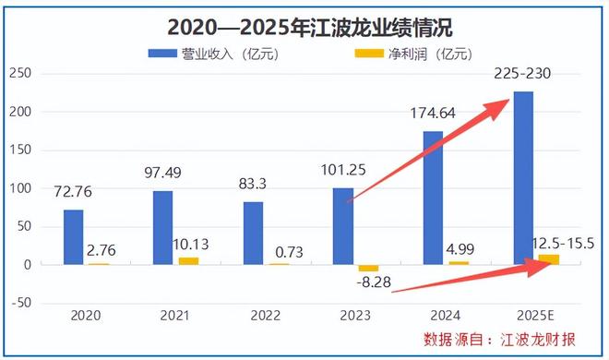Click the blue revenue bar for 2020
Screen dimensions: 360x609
(73, 237)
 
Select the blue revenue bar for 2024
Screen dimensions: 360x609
(433, 198)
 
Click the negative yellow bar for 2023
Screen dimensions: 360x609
(369, 268)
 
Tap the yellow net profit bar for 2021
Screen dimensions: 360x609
(188, 261)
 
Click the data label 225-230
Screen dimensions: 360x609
(523, 73)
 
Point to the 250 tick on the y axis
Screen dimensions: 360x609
(18, 73)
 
